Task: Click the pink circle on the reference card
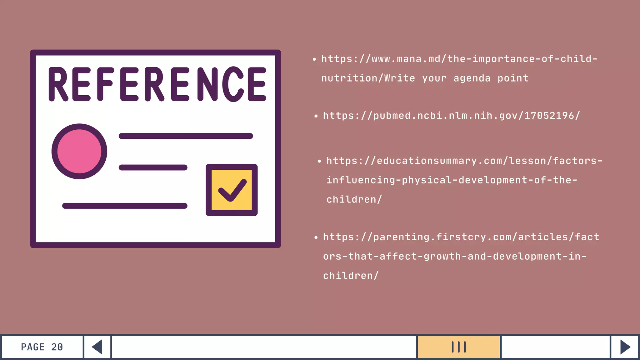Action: pos(79,152)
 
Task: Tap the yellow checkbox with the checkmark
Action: pos(232,190)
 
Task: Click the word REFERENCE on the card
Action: pos(157,84)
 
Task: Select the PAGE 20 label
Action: pos(42,347)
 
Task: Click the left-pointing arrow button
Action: pos(97,347)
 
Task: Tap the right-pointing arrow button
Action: pos(625,347)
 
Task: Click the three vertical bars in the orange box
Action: pos(459,347)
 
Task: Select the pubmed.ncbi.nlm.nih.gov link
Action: pos(451,116)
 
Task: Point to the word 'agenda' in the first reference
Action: pos(472,78)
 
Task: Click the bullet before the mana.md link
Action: pos(314,59)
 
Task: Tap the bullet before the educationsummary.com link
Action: pos(319,161)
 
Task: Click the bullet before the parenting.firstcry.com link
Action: pos(316,237)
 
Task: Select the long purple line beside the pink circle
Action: pos(186,136)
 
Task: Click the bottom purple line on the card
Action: pos(125,206)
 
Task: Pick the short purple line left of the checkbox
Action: pos(153,167)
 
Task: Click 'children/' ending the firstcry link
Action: pos(351,276)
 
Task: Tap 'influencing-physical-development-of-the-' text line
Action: pos(452,180)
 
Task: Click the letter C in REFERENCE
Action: pos(233,84)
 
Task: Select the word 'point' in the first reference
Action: pos(513,78)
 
